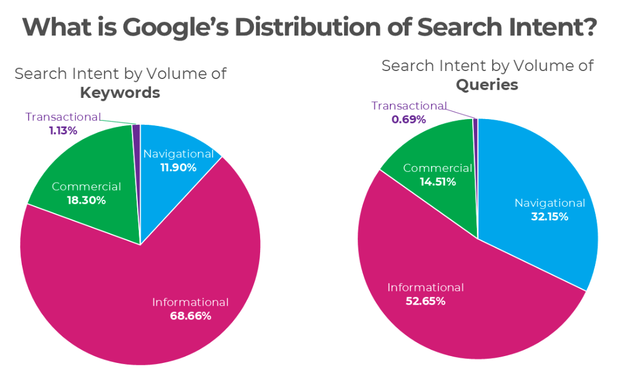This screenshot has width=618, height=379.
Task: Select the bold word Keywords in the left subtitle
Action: coord(119,92)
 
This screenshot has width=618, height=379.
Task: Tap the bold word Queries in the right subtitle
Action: coord(487,85)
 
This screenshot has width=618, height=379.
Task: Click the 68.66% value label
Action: coord(190,315)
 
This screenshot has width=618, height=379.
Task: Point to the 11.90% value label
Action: coord(177,168)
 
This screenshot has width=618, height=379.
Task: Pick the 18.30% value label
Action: coord(86,200)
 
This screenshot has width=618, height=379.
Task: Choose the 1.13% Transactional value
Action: coord(63,131)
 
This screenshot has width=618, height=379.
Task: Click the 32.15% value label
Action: coord(549,217)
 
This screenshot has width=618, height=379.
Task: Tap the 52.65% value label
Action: coord(425,301)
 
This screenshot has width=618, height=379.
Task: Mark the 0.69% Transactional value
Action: coord(408,120)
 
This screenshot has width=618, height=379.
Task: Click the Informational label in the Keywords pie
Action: coord(190,302)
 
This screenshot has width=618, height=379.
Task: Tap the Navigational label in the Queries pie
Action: coord(549,203)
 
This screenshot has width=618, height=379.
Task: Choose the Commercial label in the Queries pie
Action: coord(437,168)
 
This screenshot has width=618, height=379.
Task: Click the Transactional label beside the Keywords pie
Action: coord(63,117)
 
